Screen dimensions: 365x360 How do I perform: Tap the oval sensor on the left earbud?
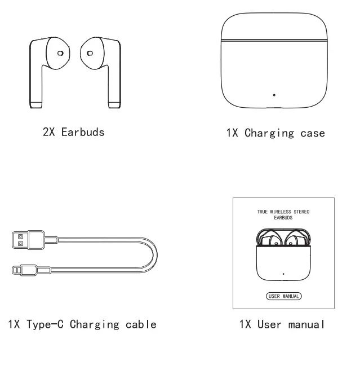pos(60,53)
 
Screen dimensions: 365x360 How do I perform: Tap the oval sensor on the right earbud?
pos(88,53)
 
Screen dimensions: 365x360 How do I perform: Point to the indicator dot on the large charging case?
pos(274,95)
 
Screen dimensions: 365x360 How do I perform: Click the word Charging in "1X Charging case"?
pos(269,134)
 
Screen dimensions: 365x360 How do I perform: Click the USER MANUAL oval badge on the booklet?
pos(283,295)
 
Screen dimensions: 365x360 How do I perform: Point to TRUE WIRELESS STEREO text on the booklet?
pos(283,212)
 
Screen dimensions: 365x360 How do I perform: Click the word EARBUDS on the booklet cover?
pos(283,218)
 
